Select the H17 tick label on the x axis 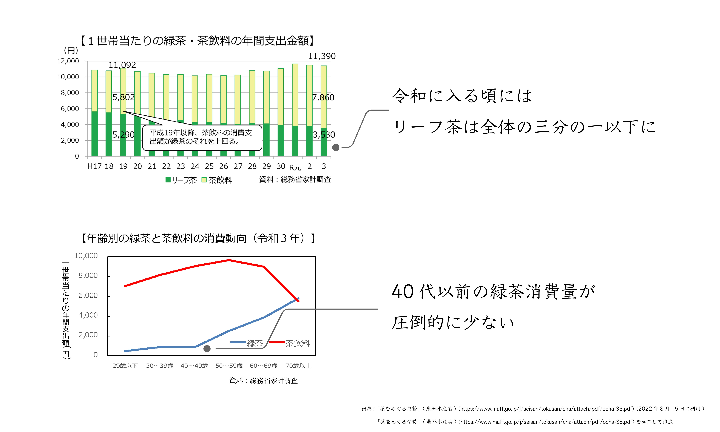click(x=94, y=166)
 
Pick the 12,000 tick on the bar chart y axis click(x=68, y=61)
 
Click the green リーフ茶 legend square click(x=168, y=180)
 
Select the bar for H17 click(x=94, y=113)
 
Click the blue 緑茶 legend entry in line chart click(x=246, y=343)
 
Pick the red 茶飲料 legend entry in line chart click(x=289, y=343)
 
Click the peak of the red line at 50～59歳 click(x=229, y=260)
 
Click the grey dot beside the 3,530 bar click(x=336, y=148)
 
